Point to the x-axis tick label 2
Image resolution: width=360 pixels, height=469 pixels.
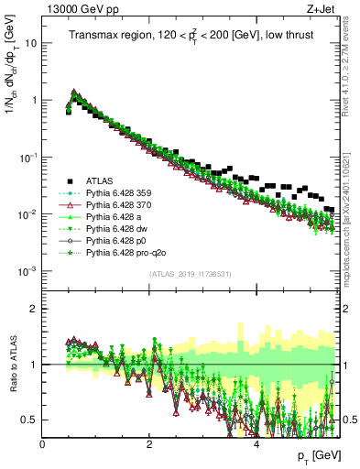pos(150,444)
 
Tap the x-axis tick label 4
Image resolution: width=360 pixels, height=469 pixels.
pos(257,444)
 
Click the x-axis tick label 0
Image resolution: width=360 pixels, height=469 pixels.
pos(43,444)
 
